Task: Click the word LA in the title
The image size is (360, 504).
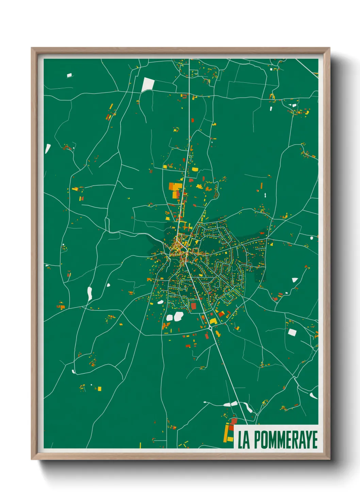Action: pyautogui.click(x=244, y=440)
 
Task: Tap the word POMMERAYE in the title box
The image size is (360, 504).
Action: pyautogui.click(x=285, y=440)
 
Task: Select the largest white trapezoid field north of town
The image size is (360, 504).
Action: pyautogui.click(x=148, y=85)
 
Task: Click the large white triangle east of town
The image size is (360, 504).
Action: pyautogui.click(x=295, y=280)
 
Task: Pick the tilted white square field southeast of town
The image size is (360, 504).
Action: pyautogui.click(x=292, y=332)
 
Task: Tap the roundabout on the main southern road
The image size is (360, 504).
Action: pyautogui.click(x=211, y=328)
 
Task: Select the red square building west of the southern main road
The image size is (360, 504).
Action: pyautogui.click(x=194, y=306)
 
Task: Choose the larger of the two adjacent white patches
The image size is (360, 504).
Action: pyautogui.click(x=179, y=316)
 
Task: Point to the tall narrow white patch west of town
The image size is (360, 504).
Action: pyautogui.click(x=89, y=294)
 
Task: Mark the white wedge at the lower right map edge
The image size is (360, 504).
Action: pyautogui.click(x=313, y=395)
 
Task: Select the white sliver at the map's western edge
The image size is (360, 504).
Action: pyautogui.click(x=48, y=148)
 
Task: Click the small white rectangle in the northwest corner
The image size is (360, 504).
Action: pyautogui.click(x=69, y=75)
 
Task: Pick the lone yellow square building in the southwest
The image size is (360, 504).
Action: pyautogui.click(x=99, y=389)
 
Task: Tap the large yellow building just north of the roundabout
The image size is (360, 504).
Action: pyautogui.click(x=213, y=321)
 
